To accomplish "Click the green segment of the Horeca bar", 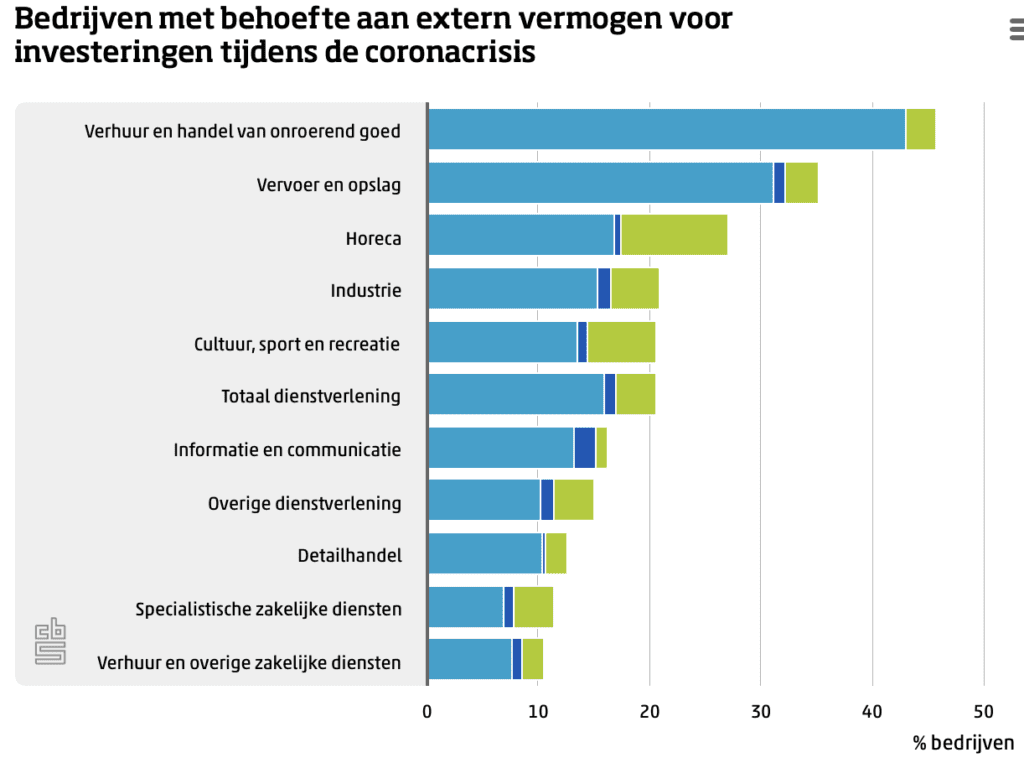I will tap(674, 235).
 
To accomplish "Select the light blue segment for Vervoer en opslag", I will tap(600, 182).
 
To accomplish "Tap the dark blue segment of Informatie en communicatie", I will tap(584, 447).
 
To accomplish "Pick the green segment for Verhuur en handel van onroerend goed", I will tap(920, 129).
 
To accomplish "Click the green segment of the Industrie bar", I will tap(634, 288).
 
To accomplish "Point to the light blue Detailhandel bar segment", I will tap(484, 553).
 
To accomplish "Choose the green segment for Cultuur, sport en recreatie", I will tap(621, 341).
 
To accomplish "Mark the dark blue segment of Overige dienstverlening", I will tap(547, 500).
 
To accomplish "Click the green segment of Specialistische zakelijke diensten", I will tap(533, 606).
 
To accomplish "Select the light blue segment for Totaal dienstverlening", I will tap(515, 394).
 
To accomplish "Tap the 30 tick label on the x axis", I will tap(761, 711).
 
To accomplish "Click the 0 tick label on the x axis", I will tap(427, 711).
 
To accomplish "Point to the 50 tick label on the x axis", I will tap(984, 711).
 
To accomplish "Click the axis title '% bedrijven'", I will tap(963, 743).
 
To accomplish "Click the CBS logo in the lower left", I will tap(50, 641).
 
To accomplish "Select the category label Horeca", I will tap(373, 238).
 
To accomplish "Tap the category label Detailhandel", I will tap(349, 555).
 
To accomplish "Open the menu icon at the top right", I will tap(1015, 31).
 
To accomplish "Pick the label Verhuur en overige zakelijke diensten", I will tap(249, 662).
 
